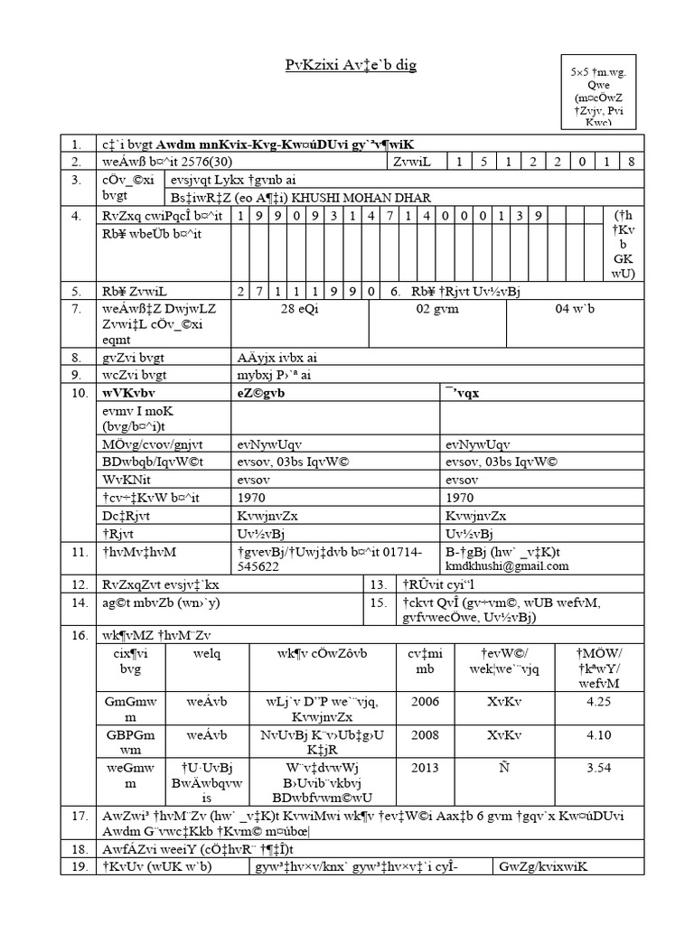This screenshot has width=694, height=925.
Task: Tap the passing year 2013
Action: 425,768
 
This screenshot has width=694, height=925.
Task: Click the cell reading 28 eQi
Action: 300,310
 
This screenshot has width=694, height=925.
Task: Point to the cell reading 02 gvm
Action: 437,310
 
